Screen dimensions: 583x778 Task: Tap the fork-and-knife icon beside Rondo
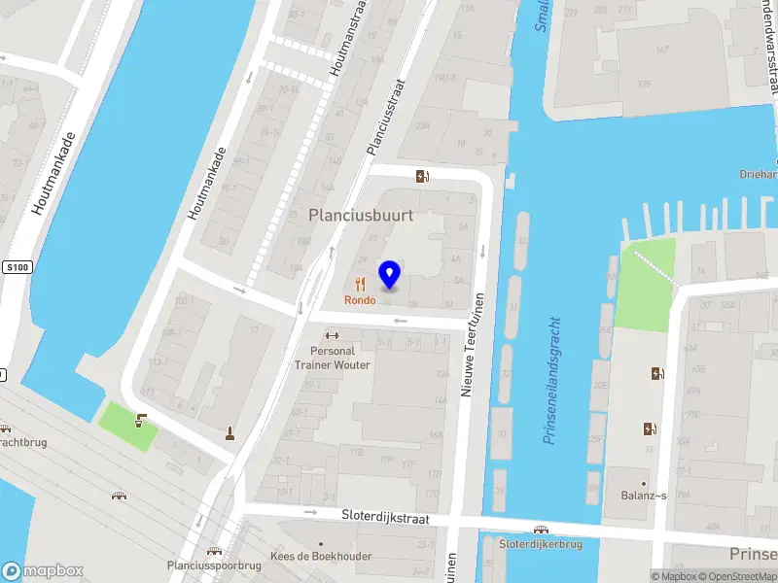coord(360,284)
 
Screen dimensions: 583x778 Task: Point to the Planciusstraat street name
coord(384,118)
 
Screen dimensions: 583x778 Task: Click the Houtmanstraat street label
coord(346,39)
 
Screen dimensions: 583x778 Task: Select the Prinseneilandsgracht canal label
coord(552,380)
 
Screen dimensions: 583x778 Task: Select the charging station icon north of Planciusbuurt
coord(422,176)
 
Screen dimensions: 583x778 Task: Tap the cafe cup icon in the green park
coord(141,422)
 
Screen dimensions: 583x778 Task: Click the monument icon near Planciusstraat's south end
coord(230,433)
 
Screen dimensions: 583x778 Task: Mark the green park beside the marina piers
coord(645,283)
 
